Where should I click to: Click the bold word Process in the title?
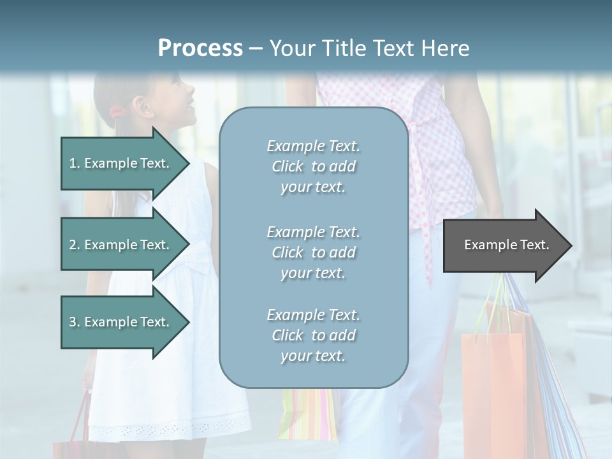(x=200, y=48)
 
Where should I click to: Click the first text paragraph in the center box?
(x=313, y=166)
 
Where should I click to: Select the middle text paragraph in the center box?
(x=313, y=252)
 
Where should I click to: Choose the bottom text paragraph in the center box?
(x=313, y=335)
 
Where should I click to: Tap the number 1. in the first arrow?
(x=75, y=163)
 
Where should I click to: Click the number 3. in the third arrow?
(x=75, y=322)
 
